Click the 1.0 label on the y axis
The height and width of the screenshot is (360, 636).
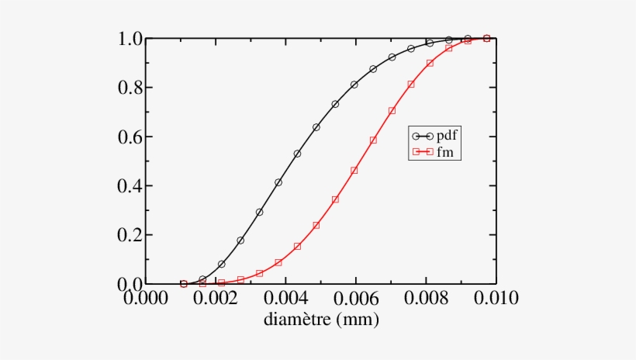[130, 39]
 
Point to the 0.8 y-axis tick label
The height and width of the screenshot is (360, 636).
[130, 88]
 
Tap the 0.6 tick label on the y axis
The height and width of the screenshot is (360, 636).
[130, 137]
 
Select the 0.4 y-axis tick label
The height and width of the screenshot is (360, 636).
[130, 186]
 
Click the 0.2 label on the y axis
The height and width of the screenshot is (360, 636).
[130, 235]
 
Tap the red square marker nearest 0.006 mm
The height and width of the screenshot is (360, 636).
[354, 170]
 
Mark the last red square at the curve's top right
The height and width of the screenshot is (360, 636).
[486, 38]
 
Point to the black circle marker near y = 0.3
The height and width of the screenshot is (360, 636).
[259, 212]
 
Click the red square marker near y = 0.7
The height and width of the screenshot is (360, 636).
[392, 110]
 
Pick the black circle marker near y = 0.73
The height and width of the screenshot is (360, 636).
[335, 104]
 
